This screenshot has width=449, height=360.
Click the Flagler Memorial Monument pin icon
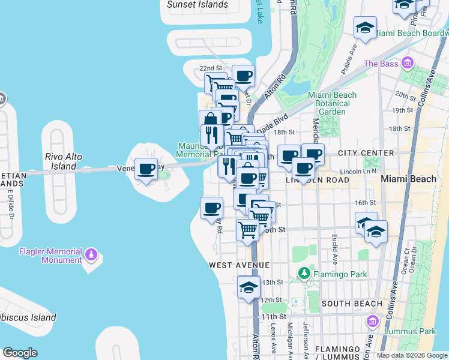point(91,254)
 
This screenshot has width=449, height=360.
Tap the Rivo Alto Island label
point(64,161)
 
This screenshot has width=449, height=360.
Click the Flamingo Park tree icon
point(304,275)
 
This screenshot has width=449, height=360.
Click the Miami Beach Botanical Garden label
point(332,103)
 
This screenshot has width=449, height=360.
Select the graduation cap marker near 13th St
point(249,287)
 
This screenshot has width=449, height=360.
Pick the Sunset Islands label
point(197,5)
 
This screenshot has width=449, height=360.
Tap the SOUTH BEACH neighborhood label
point(352,304)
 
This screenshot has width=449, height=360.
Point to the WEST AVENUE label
point(240,265)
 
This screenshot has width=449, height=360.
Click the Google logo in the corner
point(20,353)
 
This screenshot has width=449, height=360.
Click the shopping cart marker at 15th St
point(247,230)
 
